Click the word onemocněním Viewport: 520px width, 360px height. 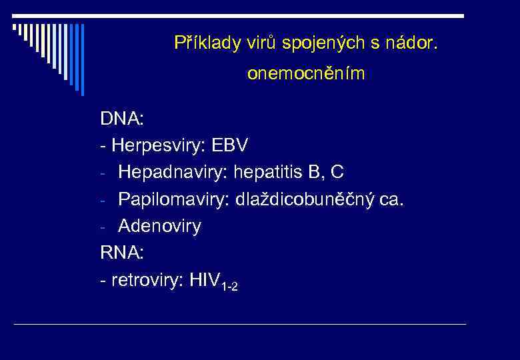(x=306, y=74)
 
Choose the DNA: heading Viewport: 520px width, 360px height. (x=122, y=119)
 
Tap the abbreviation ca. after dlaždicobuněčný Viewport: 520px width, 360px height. (x=391, y=199)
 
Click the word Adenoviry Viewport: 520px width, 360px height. (x=159, y=227)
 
